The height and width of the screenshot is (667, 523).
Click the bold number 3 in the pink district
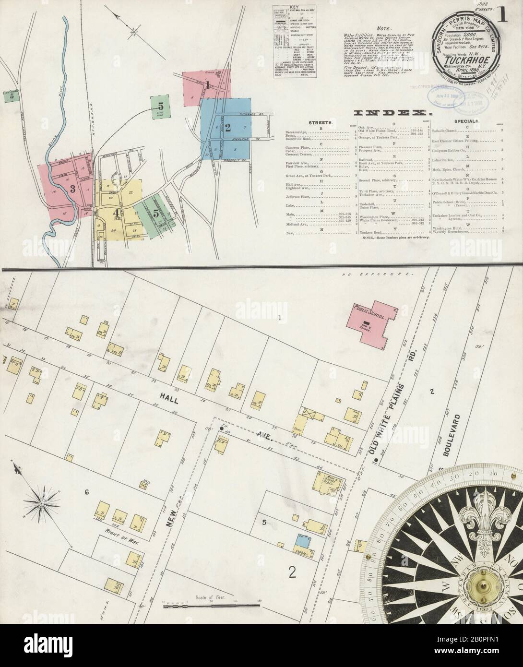pyautogui.click(x=73, y=189)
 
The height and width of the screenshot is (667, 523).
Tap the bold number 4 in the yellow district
pyautogui.click(x=116, y=213)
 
